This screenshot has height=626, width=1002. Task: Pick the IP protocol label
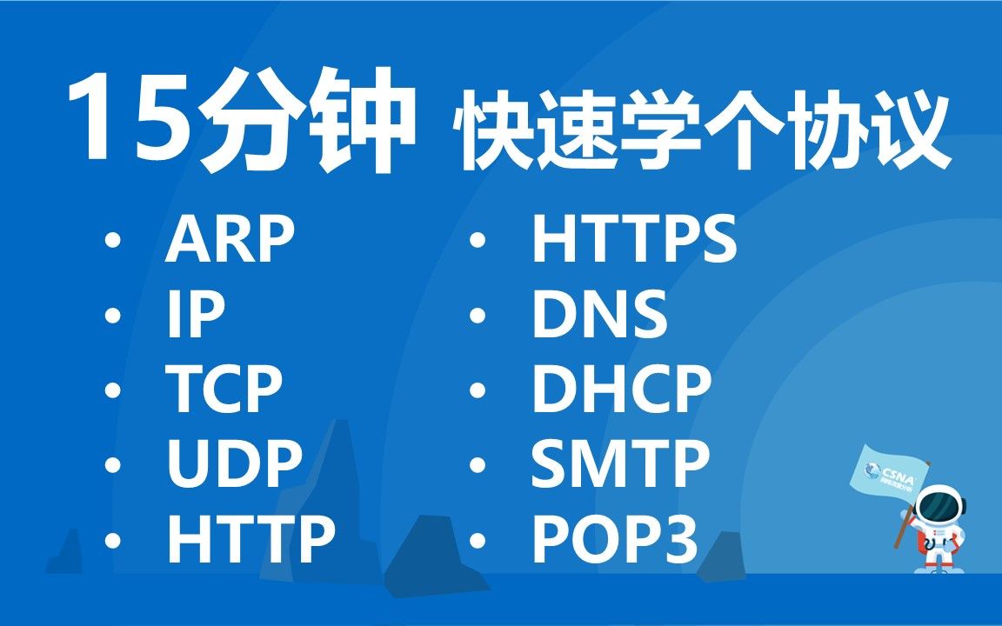click(x=196, y=316)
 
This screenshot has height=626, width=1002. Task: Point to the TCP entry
click(x=225, y=390)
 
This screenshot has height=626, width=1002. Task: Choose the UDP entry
click(x=235, y=464)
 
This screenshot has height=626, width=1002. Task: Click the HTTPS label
click(x=634, y=241)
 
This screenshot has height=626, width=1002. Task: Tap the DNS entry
click(x=599, y=316)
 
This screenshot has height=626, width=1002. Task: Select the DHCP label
click(x=622, y=390)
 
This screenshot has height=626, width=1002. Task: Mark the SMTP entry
click(x=620, y=464)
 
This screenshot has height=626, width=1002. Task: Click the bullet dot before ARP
click(x=110, y=242)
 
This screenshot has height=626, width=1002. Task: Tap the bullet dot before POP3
click(x=476, y=540)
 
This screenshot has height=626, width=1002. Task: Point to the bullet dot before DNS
click(x=476, y=316)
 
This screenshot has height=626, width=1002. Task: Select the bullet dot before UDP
click(x=110, y=465)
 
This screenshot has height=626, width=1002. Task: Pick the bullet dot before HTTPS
click(x=476, y=242)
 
